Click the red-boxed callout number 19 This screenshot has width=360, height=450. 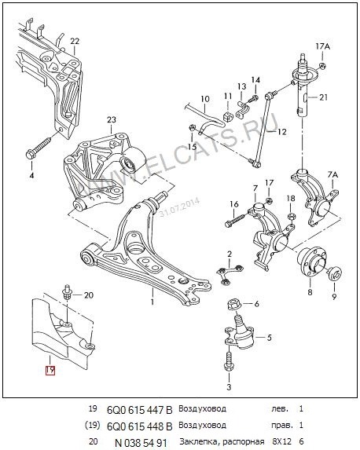tap(50, 368)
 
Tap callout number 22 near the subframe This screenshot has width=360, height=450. tap(75, 41)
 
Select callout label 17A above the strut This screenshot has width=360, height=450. tap(322, 48)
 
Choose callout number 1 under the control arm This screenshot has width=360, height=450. tap(152, 301)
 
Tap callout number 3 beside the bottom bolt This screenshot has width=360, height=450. tap(229, 387)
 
